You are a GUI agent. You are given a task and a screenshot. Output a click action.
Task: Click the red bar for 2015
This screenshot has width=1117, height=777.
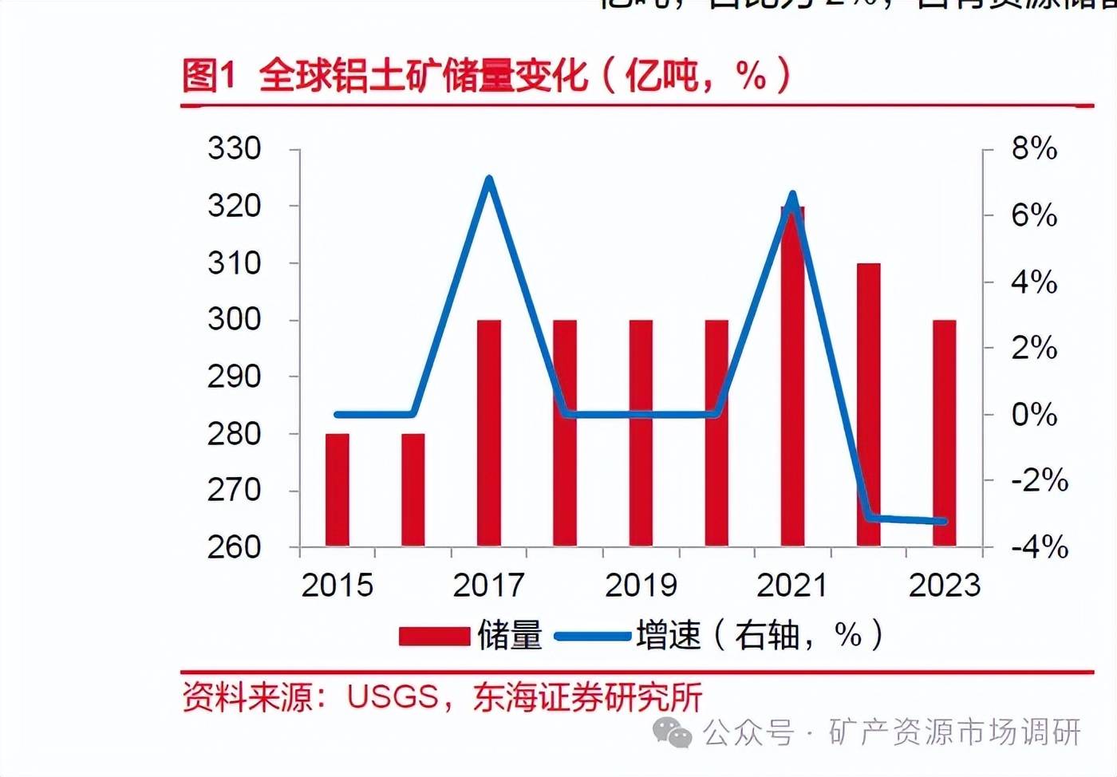337,490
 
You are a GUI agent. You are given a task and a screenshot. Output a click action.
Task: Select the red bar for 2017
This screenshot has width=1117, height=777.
489,433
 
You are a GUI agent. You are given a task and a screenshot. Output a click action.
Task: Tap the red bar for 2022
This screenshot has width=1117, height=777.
868,404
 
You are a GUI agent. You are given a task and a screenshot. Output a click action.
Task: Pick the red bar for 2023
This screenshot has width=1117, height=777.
944,433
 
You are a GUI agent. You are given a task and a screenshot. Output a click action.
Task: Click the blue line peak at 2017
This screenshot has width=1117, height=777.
489,179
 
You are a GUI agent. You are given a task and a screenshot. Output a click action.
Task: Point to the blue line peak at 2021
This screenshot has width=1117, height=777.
792,195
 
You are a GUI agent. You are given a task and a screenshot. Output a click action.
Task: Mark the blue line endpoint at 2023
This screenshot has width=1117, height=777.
944,522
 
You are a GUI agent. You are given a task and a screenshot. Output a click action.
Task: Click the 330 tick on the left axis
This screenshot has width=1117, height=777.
234,148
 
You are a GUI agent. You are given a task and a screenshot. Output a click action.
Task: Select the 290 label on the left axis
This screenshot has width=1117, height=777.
234,377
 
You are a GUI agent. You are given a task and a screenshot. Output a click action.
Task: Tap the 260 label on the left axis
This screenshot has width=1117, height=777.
234,547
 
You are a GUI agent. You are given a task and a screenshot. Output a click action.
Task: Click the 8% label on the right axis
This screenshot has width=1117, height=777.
1034,148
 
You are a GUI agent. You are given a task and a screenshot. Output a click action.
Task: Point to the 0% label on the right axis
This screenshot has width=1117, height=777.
1034,414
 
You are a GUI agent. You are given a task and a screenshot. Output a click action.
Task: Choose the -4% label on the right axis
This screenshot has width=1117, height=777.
1039,547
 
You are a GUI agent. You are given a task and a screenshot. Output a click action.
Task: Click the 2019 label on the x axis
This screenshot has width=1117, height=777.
641,586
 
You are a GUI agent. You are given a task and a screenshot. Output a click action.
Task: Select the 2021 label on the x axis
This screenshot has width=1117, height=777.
792,586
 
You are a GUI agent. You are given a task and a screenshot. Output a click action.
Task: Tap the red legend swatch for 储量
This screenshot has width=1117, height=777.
434,636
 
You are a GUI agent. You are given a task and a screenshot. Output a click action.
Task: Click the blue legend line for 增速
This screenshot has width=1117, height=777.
592,636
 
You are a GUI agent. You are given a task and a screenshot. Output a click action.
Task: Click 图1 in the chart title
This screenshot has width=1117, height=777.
209,76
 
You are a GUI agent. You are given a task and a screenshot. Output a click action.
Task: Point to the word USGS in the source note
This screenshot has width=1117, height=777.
393,697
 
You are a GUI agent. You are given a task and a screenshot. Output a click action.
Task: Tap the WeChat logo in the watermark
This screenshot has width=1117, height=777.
673,732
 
